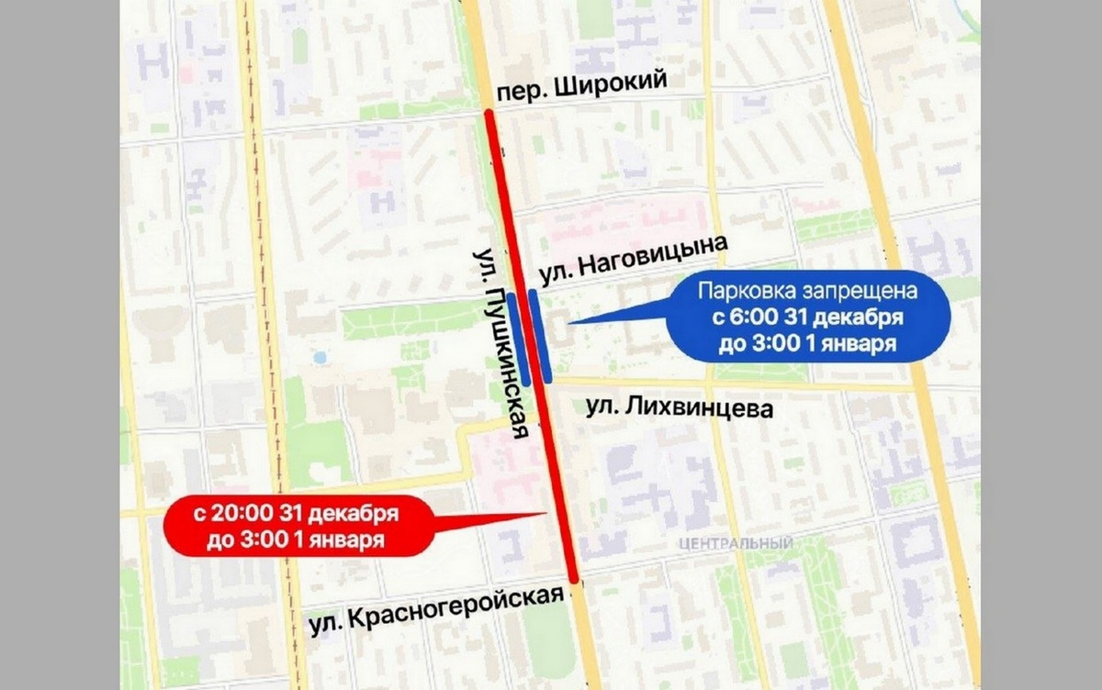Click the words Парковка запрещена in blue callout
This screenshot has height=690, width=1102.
pyautogui.click(x=806, y=294)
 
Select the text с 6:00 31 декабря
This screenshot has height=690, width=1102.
pyautogui.click(x=806, y=318)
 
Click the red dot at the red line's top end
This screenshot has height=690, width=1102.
pyautogui.click(x=489, y=115)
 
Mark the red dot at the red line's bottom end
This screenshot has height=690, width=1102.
pyautogui.click(x=573, y=579)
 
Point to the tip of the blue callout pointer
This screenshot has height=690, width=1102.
pyautogui.click(x=568, y=323)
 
